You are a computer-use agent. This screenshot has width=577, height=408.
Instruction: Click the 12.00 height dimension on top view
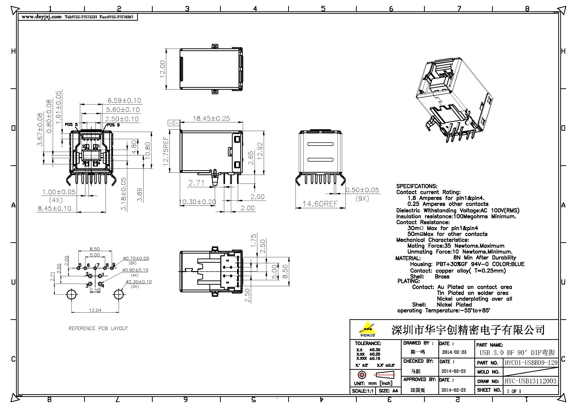[x=162, y=69]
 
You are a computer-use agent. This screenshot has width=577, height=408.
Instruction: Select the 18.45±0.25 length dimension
[x=211, y=119]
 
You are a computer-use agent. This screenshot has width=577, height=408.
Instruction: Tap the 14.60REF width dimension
[x=320, y=204]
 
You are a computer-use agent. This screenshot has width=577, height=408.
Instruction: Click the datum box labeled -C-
[x=174, y=123]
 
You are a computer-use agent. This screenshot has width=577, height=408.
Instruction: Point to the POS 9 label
[x=113, y=125]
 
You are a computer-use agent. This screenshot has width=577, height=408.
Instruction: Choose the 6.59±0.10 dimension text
[x=124, y=101]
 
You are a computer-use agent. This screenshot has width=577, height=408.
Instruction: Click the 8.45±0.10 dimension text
[x=55, y=208]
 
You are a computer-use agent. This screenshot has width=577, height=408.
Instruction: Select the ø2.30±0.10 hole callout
[x=139, y=282]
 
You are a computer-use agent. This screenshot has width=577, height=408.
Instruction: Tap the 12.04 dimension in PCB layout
[x=95, y=310]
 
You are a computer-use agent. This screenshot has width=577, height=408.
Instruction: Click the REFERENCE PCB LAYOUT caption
[x=98, y=328]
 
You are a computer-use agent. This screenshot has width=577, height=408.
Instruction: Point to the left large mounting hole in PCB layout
[x=72, y=295]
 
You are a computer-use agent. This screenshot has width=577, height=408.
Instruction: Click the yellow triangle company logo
[x=367, y=328]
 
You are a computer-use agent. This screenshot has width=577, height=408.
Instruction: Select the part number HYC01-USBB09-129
[x=531, y=363]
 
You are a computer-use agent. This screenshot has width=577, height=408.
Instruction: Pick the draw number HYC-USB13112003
[x=530, y=381]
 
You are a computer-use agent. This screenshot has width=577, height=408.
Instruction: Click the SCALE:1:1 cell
[x=362, y=391]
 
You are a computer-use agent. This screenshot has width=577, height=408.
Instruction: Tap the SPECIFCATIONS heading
[x=417, y=186]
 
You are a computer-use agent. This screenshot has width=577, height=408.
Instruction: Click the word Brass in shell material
[x=442, y=277]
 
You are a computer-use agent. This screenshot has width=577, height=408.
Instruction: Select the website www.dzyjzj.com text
[x=41, y=17]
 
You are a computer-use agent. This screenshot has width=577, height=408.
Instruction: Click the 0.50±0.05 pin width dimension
[x=362, y=190]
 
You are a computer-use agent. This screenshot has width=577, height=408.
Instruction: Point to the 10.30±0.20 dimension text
[x=197, y=202]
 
